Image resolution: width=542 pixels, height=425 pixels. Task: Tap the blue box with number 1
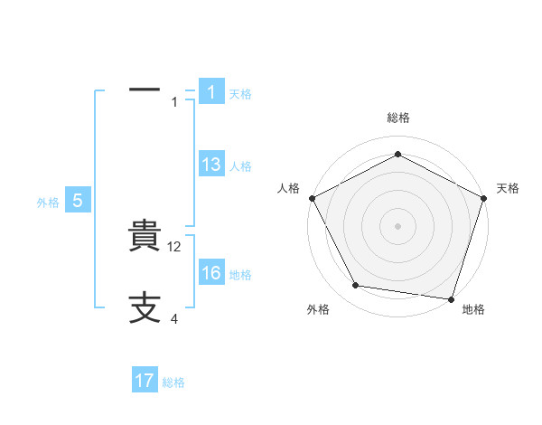[x=210, y=92]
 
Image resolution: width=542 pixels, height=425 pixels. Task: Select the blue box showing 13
[x=210, y=165]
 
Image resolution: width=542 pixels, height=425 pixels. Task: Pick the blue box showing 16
[x=210, y=273]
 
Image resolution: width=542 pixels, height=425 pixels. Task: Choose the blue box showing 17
[x=145, y=381]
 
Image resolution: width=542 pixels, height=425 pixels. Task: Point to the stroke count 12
[x=176, y=247]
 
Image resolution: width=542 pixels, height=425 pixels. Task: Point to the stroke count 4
[x=174, y=319]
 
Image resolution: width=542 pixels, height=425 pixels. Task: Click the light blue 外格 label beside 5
[x=48, y=203]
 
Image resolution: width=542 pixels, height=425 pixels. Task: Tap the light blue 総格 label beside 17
[x=174, y=382]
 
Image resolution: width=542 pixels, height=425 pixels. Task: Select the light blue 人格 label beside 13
[x=240, y=166]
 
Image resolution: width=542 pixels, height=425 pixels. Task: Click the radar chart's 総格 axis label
[x=397, y=118]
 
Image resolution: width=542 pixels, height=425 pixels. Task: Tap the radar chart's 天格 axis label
[x=508, y=188]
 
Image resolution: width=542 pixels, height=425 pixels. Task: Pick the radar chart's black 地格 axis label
[x=473, y=309]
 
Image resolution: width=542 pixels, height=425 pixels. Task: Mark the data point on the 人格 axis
[x=312, y=198]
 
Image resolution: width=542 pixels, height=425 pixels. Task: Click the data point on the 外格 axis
[x=356, y=286]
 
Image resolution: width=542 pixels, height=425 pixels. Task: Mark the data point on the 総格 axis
[x=397, y=155]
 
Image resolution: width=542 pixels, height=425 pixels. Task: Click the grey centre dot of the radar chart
[x=397, y=225]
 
